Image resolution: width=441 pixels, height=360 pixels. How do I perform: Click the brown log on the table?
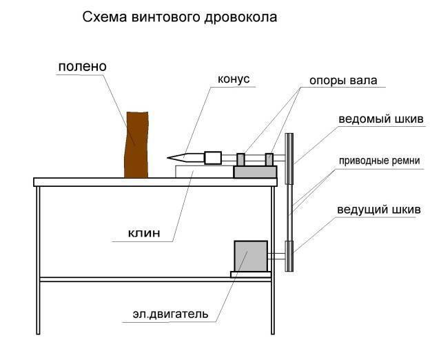click(136, 145)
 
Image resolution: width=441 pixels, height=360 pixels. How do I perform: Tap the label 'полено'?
click(83, 67)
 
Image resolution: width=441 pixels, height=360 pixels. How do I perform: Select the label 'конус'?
click(234, 79)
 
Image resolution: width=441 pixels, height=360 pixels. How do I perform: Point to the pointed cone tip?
click(168, 158)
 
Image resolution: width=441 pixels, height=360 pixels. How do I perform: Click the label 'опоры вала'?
click(343, 81)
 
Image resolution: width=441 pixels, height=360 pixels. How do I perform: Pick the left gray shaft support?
click(240, 159)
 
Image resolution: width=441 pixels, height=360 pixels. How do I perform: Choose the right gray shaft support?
click(269, 159)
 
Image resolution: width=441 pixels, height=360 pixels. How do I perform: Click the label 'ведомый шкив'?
click(381, 119)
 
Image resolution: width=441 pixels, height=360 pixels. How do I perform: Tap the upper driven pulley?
click(289, 159)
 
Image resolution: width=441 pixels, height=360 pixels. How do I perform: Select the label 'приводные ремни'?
click(380, 161)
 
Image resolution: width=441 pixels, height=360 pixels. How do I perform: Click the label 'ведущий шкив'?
click(379, 210)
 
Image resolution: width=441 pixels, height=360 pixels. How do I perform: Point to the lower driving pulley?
click(289, 256)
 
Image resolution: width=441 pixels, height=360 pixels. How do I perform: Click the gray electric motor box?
click(251, 256)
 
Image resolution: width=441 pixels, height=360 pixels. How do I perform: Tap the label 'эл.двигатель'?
click(170, 314)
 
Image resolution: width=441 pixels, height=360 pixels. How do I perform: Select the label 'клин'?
click(144, 233)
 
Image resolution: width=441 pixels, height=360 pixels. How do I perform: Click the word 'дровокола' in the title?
click(240, 17)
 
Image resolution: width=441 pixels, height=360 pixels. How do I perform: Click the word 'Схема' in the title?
click(104, 17)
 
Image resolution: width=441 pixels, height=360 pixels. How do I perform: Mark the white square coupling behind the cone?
click(213, 158)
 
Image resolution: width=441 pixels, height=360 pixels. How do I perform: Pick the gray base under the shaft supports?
click(255, 172)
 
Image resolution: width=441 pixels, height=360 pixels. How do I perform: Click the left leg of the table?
click(39, 261)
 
